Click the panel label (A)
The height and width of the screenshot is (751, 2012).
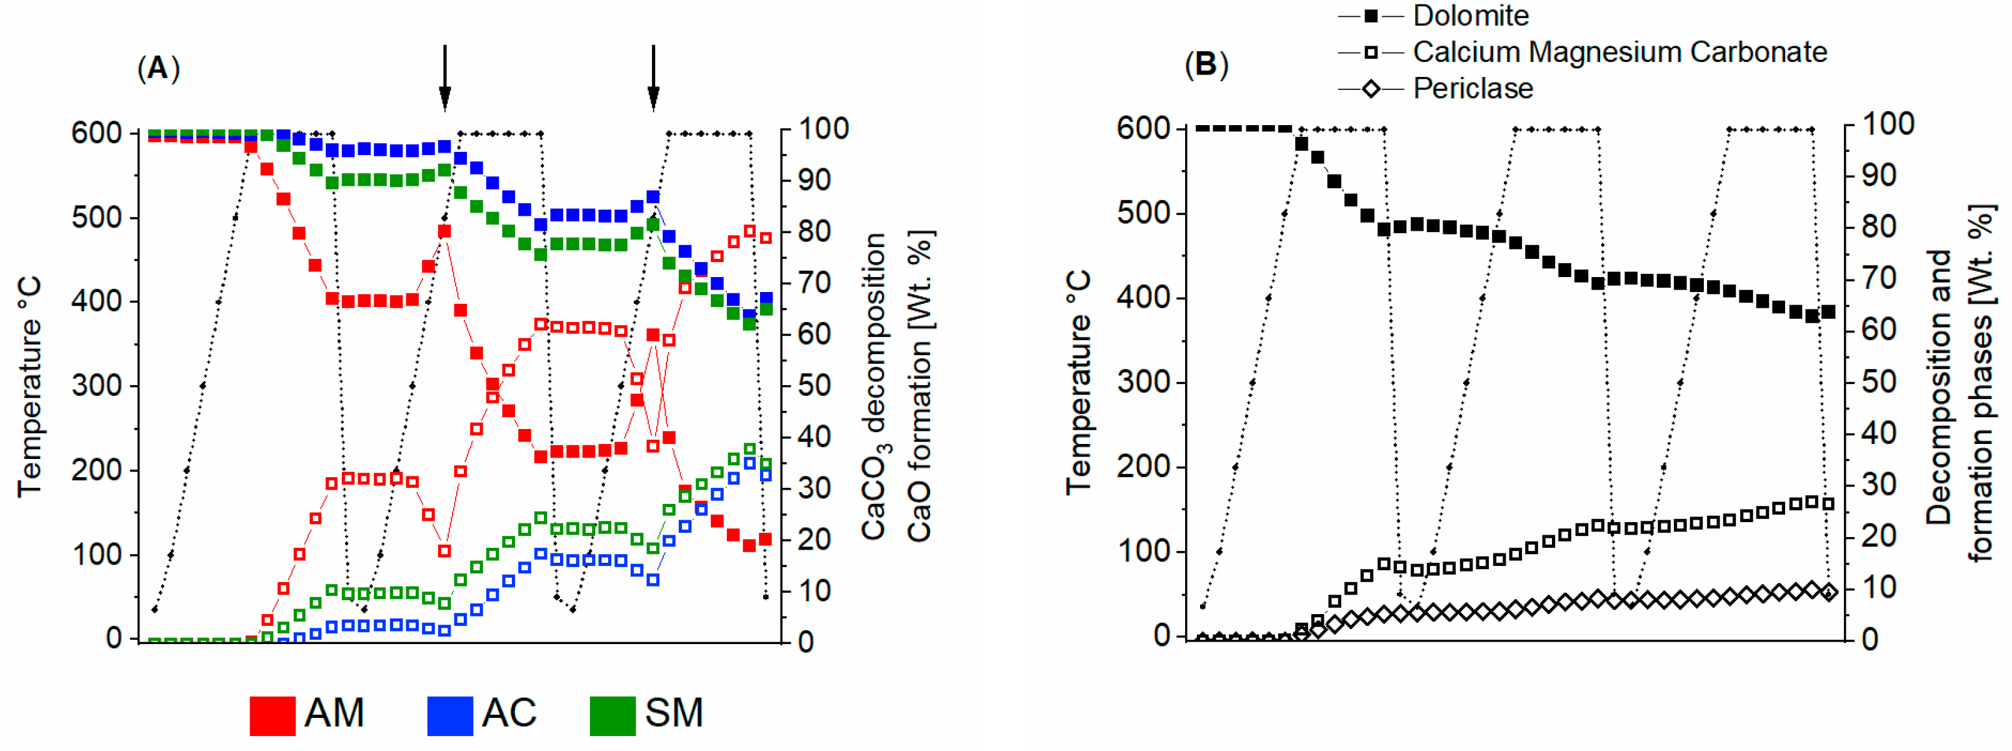(159, 69)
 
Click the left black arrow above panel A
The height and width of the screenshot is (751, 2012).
(444, 78)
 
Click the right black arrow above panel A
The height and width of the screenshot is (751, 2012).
(653, 78)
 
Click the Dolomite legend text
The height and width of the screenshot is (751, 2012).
(1470, 16)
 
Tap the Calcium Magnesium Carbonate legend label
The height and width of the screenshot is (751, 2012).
(1619, 53)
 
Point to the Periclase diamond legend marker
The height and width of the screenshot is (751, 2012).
(1371, 89)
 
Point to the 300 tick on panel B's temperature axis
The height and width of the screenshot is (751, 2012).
(1142, 382)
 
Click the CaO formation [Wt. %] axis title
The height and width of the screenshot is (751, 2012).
(919, 386)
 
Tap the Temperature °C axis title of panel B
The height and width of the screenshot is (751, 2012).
(1078, 382)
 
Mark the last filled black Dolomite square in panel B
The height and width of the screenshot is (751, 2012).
(1828, 312)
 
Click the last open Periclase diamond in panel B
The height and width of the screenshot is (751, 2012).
(1828, 592)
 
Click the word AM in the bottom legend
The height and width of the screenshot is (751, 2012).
(334, 713)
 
